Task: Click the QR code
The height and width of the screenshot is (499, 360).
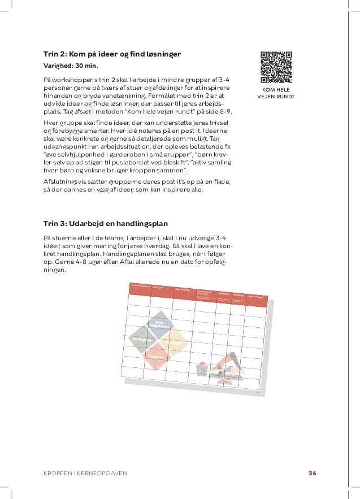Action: point(276,67)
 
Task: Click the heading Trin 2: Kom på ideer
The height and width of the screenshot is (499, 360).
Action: point(112,54)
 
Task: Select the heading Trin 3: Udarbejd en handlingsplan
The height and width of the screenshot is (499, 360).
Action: point(106,223)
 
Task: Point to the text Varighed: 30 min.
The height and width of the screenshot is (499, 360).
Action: point(71,66)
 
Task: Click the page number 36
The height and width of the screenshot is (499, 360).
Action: point(312,473)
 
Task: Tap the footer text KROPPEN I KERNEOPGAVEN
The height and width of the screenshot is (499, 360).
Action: point(85,473)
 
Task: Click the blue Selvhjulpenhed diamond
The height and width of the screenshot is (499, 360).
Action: point(159,323)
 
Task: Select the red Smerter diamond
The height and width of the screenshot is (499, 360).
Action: point(157,357)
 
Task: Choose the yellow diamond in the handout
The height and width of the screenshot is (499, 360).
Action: point(174,342)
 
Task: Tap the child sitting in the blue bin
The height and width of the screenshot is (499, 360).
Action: point(202,370)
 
